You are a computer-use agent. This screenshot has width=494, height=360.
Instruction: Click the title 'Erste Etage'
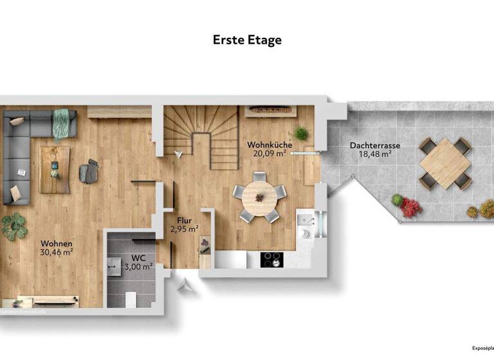(x=247, y=40)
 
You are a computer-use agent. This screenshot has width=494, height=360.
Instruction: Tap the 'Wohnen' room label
(x=57, y=244)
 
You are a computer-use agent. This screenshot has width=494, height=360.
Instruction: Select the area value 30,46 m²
(x=57, y=253)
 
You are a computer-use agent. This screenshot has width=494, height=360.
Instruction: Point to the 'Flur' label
(x=183, y=219)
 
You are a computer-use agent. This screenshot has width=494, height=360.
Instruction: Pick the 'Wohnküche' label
(x=270, y=145)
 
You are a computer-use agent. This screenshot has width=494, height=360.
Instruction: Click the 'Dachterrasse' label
(x=375, y=146)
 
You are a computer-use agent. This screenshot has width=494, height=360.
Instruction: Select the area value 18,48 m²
(x=375, y=154)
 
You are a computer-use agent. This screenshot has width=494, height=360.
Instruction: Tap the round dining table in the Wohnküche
(x=260, y=195)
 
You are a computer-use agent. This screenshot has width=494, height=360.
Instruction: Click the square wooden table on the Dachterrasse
(x=445, y=163)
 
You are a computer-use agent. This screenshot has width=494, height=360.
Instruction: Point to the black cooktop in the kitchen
(x=271, y=259)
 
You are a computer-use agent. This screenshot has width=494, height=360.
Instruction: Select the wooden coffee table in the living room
(x=55, y=169)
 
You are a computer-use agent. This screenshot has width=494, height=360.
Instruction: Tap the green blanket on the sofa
(x=61, y=123)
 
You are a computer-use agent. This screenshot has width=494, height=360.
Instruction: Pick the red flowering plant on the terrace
(x=410, y=207)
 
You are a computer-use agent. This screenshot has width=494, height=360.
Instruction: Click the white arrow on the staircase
(x=178, y=153)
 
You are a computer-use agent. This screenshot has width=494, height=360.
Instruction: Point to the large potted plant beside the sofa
(x=14, y=226)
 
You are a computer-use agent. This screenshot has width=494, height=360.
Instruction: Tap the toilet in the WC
(x=129, y=299)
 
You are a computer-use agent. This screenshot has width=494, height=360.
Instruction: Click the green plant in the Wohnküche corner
(x=302, y=134)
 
